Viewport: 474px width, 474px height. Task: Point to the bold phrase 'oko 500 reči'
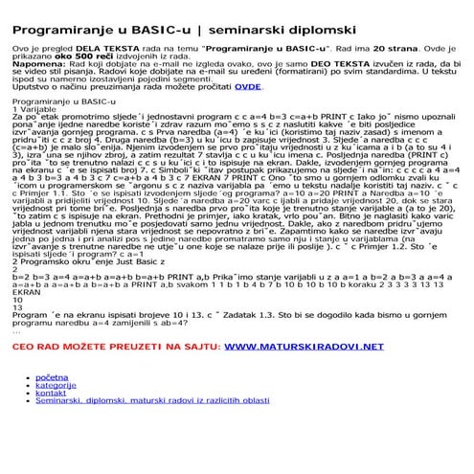click(80, 55)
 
